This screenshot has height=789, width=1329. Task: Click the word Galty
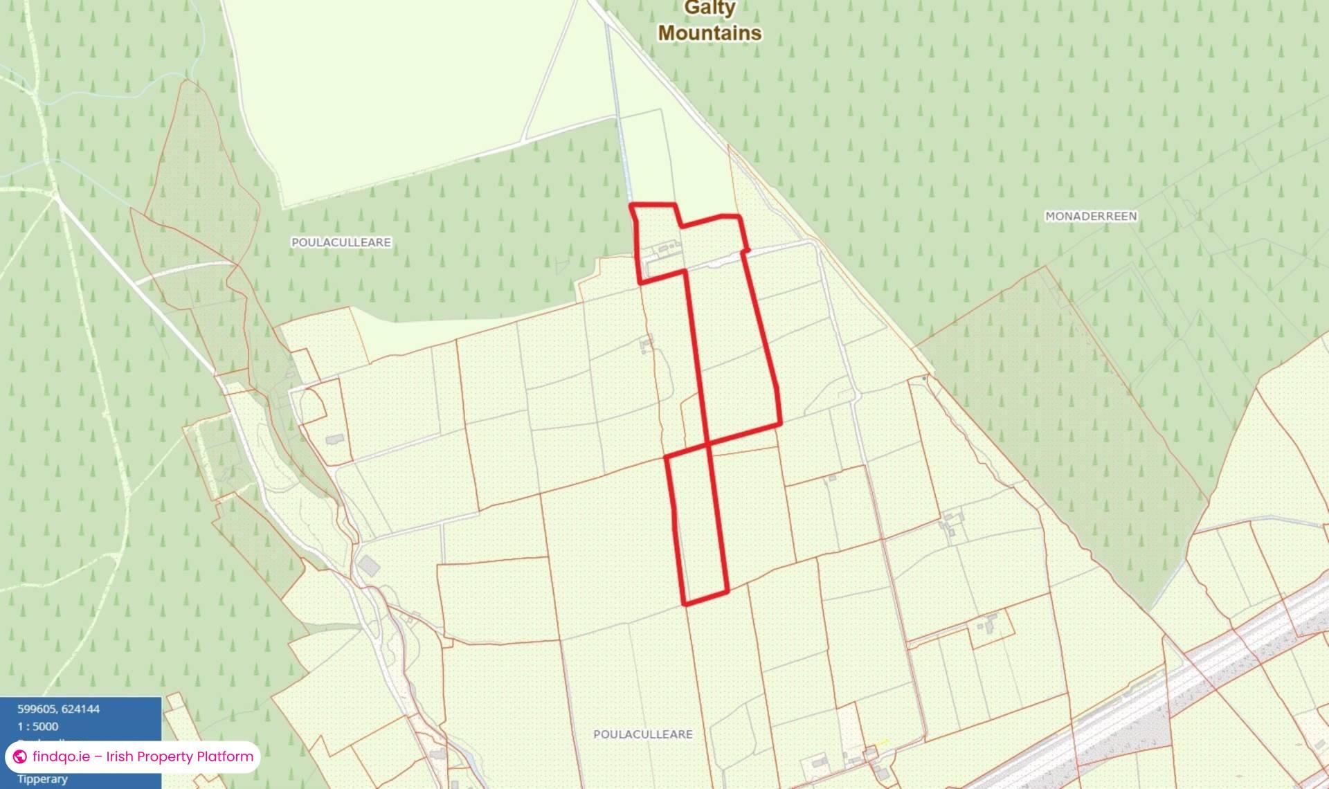(709, 8)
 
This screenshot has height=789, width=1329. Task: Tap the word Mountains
(709, 33)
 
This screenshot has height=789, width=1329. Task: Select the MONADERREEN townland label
(1090, 216)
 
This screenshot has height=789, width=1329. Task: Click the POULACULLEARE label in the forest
(341, 242)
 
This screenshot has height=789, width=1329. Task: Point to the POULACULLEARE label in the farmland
(642, 734)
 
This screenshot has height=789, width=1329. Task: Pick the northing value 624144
(81, 709)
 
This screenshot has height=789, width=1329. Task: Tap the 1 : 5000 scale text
(38, 727)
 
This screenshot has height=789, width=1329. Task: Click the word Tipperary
(42, 779)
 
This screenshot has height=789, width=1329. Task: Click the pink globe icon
(20, 756)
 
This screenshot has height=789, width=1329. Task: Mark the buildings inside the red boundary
(667, 248)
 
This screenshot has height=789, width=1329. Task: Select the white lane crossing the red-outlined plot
(713, 262)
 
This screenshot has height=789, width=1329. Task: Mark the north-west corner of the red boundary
(631, 205)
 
